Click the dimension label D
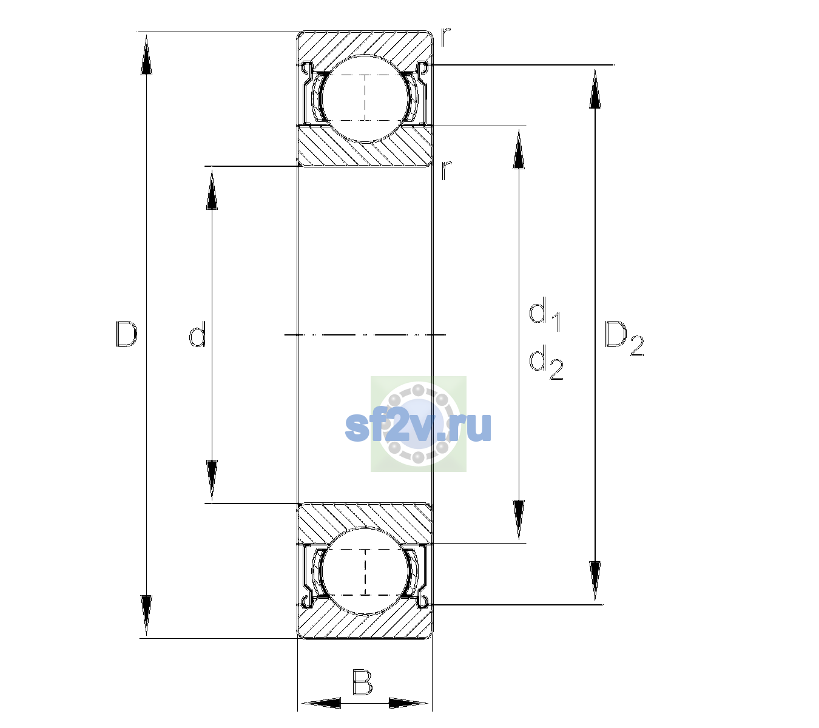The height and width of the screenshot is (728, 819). coord(126,334)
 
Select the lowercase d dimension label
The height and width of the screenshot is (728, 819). coord(197,334)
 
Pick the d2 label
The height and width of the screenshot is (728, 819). coord(546,362)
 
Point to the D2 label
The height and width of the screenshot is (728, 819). coord(624,339)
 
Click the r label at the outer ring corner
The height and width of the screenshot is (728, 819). coord(445,37)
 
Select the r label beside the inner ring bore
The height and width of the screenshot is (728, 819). coord(446,170)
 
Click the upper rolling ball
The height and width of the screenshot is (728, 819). coord(365,99)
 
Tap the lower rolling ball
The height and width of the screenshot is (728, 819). coord(365,571)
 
